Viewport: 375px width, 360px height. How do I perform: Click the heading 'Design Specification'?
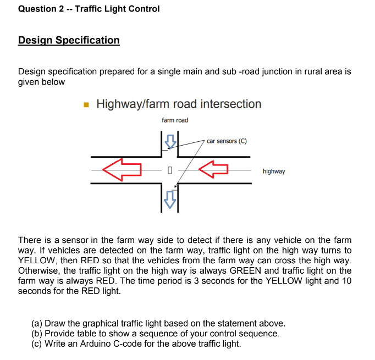69,40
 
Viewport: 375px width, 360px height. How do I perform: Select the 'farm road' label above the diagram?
174,120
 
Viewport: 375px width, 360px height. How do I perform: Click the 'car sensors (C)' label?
227,141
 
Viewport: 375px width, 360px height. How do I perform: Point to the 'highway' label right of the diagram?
274,171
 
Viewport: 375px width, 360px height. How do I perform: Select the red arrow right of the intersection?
213,170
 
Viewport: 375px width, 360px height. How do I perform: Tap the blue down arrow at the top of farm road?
171,141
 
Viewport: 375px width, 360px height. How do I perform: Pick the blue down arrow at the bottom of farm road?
171,199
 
